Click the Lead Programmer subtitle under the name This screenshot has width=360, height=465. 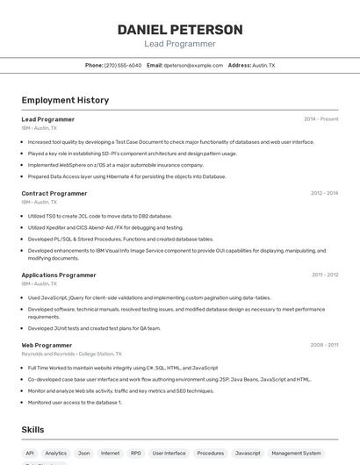pyautogui.click(x=179, y=44)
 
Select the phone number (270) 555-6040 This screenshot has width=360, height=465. pyautogui.click(x=122, y=65)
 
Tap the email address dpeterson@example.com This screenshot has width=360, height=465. pyautogui.click(x=193, y=65)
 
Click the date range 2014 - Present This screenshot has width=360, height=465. pyautogui.click(x=320, y=118)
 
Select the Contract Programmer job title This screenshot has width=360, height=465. pyautogui.click(x=54, y=193)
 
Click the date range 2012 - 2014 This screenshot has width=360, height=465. pyautogui.click(x=324, y=193)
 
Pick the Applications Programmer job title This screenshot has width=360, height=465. pyautogui.click(x=59, y=275)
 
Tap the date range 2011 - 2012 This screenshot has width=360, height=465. pyautogui.click(x=324, y=275)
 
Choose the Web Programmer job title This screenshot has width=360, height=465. pyautogui.click(x=47, y=345)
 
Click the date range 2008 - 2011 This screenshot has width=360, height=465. pyautogui.click(x=324, y=345)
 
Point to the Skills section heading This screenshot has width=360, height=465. pyautogui.click(x=32, y=429)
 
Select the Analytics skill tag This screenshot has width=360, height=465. pyautogui.click(x=55, y=454)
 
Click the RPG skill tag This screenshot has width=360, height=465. pyautogui.click(x=136, y=454)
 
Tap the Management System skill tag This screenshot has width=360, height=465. pyautogui.click(x=296, y=454)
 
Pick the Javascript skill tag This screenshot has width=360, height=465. pyautogui.click(x=248, y=454)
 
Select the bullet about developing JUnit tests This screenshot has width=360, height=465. pyautogui.click(x=94, y=328)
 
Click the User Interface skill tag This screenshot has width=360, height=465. pyautogui.click(x=169, y=454)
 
